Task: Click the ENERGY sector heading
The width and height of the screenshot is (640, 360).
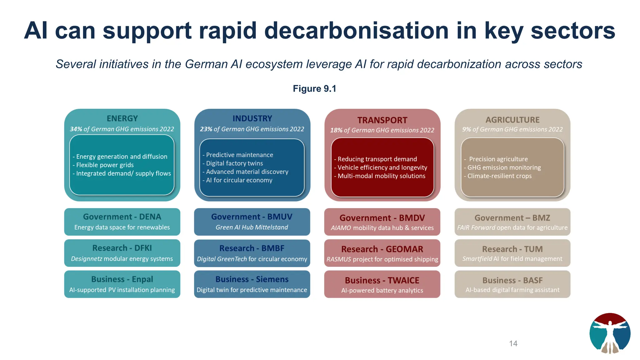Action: pyautogui.click(x=122, y=118)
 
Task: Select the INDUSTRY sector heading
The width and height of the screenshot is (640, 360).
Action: pyautogui.click(x=252, y=118)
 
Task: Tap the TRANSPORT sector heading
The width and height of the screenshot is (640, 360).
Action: pyautogui.click(x=382, y=120)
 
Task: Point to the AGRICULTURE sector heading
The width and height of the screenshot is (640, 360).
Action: pyautogui.click(x=512, y=120)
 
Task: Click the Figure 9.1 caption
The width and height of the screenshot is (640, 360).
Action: pyautogui.click(x=314, y=89)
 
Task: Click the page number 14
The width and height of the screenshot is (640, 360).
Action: pyautogui.click(x=513, y=343)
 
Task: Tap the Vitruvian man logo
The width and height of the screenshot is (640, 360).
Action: pyautogui.click(x=610, y=333)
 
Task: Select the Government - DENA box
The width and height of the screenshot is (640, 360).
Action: pyautogui.click(x=122, y=222)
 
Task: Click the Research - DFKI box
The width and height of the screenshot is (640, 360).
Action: pyautogui.click(x=122, y=253)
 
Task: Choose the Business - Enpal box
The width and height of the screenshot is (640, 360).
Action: pyautogui.click(x=122, y=284)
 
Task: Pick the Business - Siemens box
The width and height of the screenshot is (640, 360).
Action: pyautogui.click(x=252, y=284)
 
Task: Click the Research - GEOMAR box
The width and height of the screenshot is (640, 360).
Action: pyautogui.click(x=382, y=253)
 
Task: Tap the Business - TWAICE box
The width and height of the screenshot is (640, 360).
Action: pyautogui.click(x=382, y=284)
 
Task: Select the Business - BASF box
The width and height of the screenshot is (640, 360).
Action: pyautogui.click(x=512, y=284)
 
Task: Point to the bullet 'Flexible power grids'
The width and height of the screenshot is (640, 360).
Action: pyautogui.click(x=105, y=165)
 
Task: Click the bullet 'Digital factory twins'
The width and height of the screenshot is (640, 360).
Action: pyautogui.click(x=234, y=163)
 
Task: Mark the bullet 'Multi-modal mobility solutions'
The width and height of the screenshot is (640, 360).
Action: pyautogui.click(x=381, y=176)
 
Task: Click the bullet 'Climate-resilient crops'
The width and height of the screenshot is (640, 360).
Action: pyautogui.click(x=499, y=176)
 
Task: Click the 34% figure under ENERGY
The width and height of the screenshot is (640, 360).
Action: pyautogui.click(x=76, y=129)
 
